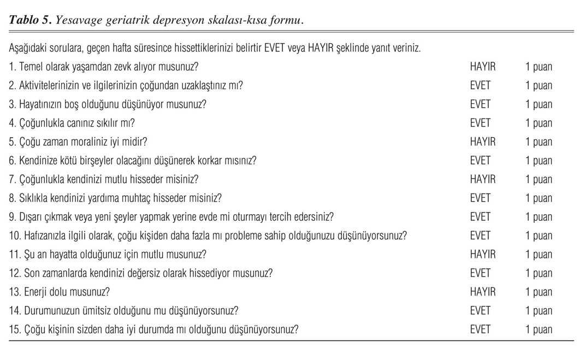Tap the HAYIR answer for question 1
point(482,67)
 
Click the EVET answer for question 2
point(480,86)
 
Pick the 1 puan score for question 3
point(538,104)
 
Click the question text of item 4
point(72,123)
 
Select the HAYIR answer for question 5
point(482,142)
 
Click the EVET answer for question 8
point(480,198)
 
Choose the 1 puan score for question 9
point(538,217)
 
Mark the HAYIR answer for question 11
point(482,255)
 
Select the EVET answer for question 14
point(480,311)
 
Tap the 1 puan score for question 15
point(538,329)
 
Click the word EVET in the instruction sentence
point(276,48)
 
